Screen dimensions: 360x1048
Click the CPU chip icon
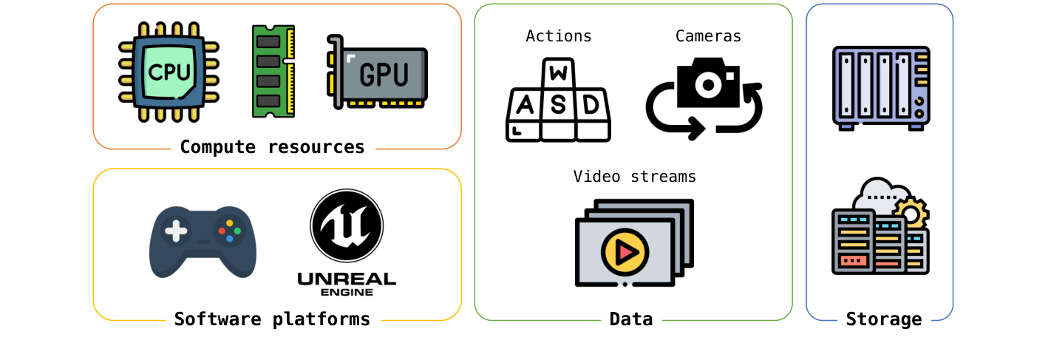(169, 72)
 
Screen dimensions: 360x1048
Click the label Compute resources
(272, 147)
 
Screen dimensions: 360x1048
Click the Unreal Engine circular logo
(347, 225)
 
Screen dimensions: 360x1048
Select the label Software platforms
(272, 319)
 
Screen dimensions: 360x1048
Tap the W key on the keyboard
(559, 74)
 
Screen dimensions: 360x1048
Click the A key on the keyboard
(524, 105)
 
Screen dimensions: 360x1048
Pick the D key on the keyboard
(591, 105)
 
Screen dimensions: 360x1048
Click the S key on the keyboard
(558, 106)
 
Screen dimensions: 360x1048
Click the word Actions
(559, 36)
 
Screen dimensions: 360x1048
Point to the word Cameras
(708, 36)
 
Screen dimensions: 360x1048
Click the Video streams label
(635, 177)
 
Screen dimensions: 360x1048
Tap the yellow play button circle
(625, 252)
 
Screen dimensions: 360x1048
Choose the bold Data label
(631, 319)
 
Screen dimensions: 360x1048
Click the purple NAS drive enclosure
(881, 86)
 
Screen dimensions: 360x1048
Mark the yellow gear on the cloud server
(911, 214)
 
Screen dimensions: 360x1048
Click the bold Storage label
(884, 319)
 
